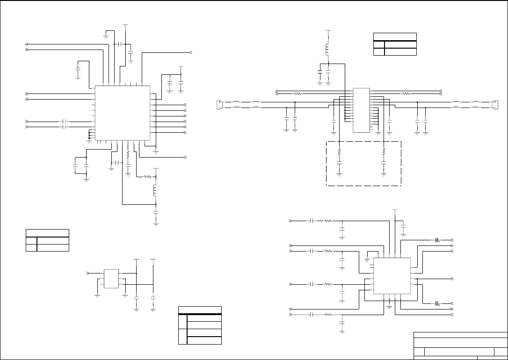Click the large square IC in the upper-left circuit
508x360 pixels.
click(x=122, y=113)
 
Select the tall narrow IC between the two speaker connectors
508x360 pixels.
click(x=361, y=110)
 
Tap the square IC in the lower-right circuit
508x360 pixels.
click(x=392, y=275)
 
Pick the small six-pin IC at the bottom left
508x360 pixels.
click(x=111, y=278)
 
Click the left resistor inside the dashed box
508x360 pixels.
click(x=340, y=152)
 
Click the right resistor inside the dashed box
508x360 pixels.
click(x=384, y=152)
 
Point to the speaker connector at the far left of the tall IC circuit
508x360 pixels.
click(x=219, y=104)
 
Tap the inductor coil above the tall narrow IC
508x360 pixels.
click(x=328, y=49)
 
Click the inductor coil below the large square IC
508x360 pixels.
click(x=155, y=190)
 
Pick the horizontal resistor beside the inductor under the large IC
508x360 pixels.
click(x=148, y=177)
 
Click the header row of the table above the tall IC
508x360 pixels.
click(x=395, y=37)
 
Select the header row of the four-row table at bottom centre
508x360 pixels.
click(x=200, y=310)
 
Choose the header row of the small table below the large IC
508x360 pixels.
click(x=47, y=233)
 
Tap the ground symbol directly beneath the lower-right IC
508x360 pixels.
click(x=390, y=306)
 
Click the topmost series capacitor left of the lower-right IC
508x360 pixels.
click(x=312, y=220)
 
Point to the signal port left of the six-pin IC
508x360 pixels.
click(x=88, y=273)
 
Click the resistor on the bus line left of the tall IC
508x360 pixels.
click(x=297, y=94)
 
